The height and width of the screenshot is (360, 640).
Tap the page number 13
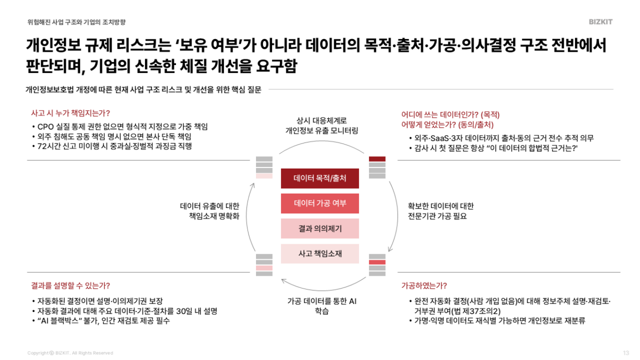point(626,353)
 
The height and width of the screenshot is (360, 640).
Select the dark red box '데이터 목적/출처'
point(320,178)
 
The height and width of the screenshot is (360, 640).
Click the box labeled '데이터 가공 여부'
point(320,203)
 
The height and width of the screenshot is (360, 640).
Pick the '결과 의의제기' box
point(320,228)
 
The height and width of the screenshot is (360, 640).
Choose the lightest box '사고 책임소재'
point(320,253)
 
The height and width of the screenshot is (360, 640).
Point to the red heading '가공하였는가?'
point(424,285)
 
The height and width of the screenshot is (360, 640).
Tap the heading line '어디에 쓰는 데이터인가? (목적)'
point(450,114)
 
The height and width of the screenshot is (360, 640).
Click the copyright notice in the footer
point(70,353)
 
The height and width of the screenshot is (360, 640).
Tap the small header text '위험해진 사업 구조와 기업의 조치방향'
point(77,22)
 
